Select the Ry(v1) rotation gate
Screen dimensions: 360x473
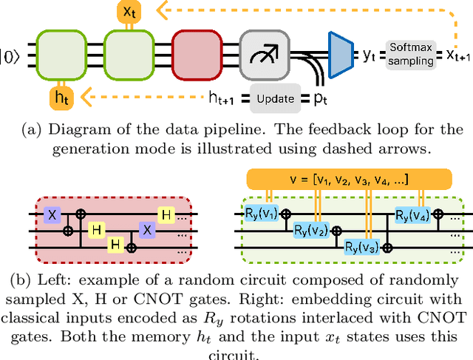pyautogui.click(x=261, y=215)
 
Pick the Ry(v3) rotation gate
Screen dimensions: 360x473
pyautogui.click(x=363, y=246)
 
